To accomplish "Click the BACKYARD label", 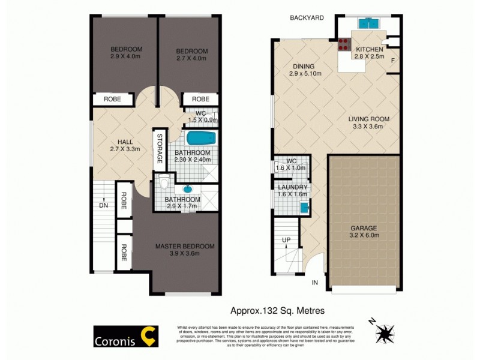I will pyautogui.click(x=307, y=18).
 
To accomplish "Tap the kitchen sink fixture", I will pyautogui.click(x=368, y=24).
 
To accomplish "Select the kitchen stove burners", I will pyautogui.click(x=344, y=44).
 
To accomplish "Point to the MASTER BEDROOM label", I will pyautogui.click(x=184, y=247).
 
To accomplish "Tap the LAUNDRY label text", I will pyautogui.click(x=293, y=187).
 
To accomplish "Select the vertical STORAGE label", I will pyautogui.click(x=160, y=149).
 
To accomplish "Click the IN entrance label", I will pyautogui.click(x=314, y=282).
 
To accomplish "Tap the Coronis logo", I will pyautogui.click(x=125, y=337).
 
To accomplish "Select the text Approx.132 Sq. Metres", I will pyautogui.click(x=278, y=310).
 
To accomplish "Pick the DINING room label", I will pyautogui.click(x=304, y=66).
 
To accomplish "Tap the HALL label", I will pyautogui.click(x=125, y=142).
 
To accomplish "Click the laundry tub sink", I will pyautogui.click(x=304, y=208).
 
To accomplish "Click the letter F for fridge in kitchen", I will pyautogui.click(x=393, y=61).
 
